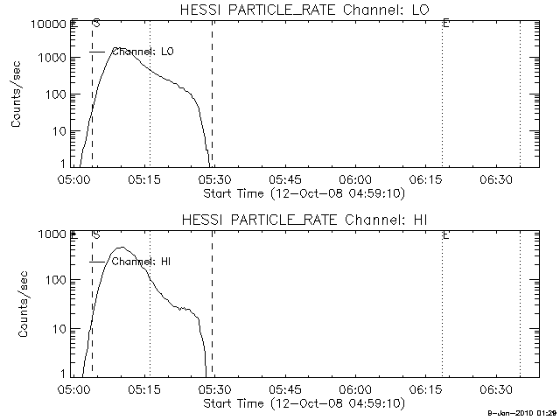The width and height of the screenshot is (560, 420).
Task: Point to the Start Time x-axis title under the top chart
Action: (302, 192)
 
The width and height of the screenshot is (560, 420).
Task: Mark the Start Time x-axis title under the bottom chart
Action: (302, 403)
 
